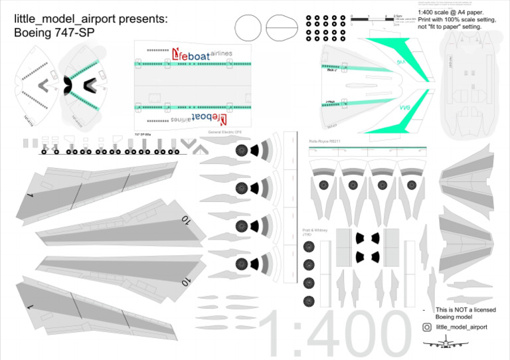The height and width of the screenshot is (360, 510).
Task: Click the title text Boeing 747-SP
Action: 55,31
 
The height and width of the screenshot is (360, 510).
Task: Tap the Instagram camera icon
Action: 427,327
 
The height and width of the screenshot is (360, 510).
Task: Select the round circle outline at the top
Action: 248,29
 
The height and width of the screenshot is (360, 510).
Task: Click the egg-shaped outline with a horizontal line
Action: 282,29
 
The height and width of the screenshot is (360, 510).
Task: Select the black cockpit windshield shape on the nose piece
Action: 68,85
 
